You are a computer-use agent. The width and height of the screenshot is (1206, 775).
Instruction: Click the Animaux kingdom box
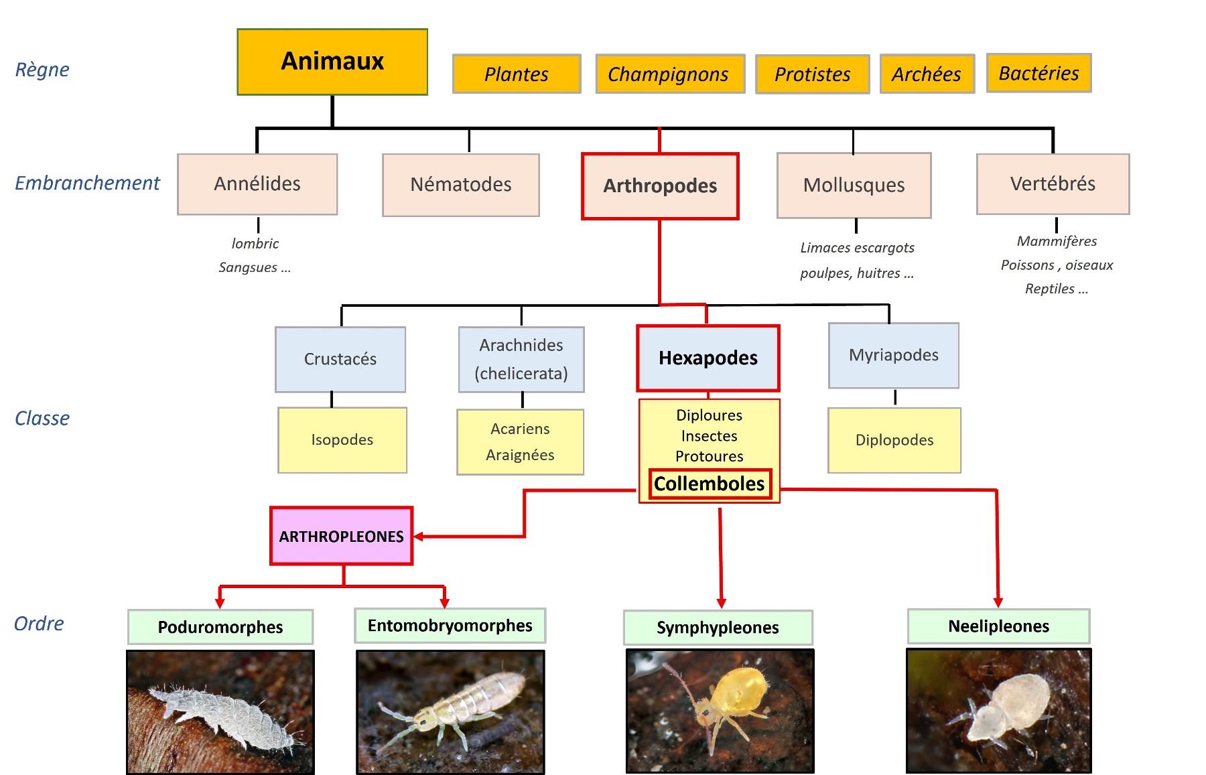point(332,62)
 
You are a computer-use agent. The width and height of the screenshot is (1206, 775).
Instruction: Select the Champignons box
point(669,74)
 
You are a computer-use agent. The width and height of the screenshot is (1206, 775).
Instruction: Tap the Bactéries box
point(1038,73)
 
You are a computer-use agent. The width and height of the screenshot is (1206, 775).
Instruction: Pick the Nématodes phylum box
point(461,185)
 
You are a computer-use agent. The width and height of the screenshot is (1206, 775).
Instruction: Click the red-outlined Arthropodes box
point(660,186)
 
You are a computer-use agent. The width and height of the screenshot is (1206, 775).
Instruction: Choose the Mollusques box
point(854,186)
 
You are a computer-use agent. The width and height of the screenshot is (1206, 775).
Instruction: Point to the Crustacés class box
point(340,360)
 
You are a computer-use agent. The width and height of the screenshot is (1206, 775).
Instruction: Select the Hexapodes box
point(708,358)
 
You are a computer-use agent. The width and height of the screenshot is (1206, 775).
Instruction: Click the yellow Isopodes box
point(342,440)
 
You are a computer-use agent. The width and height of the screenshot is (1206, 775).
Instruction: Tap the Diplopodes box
point(894,440)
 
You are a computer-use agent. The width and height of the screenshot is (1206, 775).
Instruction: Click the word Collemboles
point(709,484)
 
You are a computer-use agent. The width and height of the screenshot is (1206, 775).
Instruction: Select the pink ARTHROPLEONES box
point(341,536)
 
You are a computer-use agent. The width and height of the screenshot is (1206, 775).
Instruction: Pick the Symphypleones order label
point(718,628)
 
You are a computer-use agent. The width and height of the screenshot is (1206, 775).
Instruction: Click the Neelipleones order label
point(998,626)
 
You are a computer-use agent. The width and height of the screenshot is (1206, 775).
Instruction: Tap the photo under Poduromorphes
point(220,711)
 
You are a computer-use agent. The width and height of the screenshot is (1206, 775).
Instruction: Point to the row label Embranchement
point(87,183)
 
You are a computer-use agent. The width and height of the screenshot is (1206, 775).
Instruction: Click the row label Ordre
point(39,624)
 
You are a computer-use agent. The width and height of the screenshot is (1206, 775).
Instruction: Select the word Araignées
point(520,455)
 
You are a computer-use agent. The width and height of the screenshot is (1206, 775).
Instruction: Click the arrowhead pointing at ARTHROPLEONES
point(419,537)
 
